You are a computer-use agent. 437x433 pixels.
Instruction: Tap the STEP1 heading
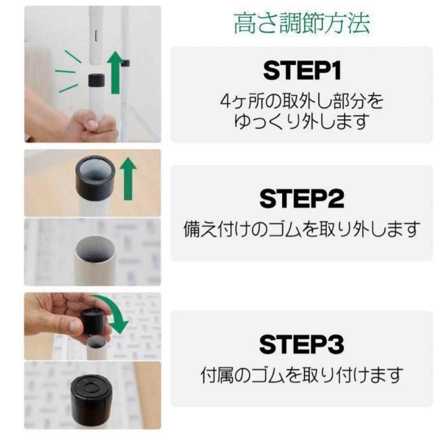[302, 71]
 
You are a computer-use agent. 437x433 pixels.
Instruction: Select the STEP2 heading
[302, 198]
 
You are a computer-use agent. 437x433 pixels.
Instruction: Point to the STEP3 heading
[302, 345]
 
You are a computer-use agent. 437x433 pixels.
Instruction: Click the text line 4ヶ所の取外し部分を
[301, 101]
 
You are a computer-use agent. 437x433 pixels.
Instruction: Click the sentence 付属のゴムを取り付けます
[301, 375]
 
